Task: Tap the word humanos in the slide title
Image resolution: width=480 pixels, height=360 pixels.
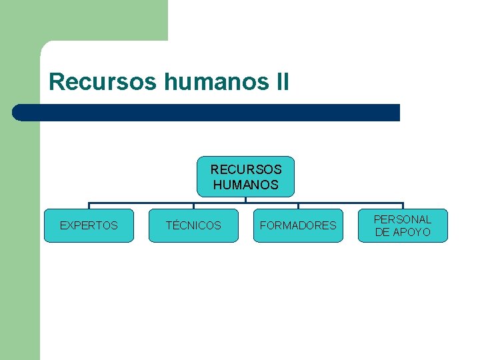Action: tap(215, 83)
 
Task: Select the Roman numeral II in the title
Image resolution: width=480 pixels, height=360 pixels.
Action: tap(281, 83)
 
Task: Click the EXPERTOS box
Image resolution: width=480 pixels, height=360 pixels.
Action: tap(89, 225)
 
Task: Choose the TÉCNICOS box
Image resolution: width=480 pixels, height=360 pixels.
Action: tap(193, 225)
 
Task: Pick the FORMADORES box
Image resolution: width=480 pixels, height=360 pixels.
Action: tap(298, 225)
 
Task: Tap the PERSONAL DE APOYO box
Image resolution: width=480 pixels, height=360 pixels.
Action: tap(403, 225)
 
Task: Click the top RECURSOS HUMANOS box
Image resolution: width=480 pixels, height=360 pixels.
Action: tap(246, 177)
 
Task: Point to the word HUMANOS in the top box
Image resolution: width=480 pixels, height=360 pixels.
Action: tap(246, 185)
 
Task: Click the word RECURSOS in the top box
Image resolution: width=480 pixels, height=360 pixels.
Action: tap(246, 170)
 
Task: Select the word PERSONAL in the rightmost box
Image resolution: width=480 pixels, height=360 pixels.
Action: tap(403, 219)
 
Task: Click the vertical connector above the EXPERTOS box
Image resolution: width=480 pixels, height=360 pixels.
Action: tap(89, 206)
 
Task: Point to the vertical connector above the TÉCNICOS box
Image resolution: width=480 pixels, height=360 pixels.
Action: tap(193, 206)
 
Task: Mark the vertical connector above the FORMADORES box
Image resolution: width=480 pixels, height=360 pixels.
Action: tap(298, 206)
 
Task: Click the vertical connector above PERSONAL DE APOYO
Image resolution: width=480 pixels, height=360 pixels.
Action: tap(403, 206)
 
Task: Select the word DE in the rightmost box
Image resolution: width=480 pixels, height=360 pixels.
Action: tap(383, 232)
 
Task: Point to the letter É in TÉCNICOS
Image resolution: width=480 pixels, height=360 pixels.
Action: tap(175, 225)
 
